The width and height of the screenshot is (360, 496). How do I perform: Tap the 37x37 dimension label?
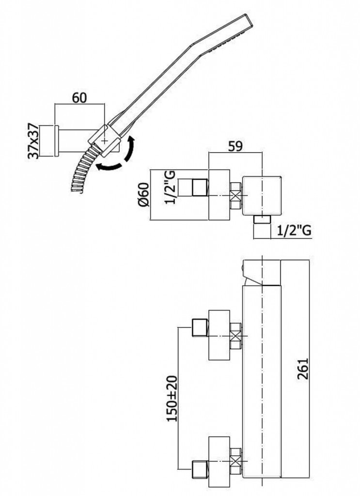(33, 141)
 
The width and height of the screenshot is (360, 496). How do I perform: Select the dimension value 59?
(236, 145)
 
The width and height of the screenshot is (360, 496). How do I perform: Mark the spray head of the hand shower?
(228, 36)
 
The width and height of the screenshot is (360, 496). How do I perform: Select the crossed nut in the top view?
(235, 196)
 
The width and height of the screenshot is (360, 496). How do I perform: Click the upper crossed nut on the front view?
(235, 335)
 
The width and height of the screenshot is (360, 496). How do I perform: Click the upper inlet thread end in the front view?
(200, 327)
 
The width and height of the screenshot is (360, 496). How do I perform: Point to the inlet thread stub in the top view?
(201, 188)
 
